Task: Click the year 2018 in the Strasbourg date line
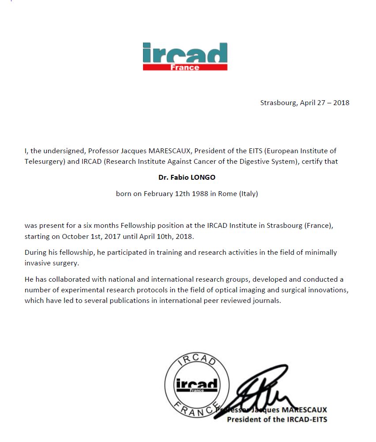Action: pyautogui.click(x=341, y=103)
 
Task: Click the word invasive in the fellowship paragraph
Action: pyautogui.click(x=38, y=263)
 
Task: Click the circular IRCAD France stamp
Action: pyautogui.click(x=197, y=385)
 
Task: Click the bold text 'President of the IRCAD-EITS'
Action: pyautogui.click(x=277, y=419)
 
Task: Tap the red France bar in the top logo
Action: pyautogui.click(x=185, y=67)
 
